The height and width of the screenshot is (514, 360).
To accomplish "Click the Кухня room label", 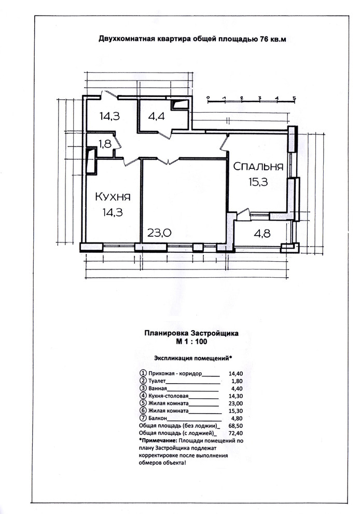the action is pyautogui.click(x=113, y=197).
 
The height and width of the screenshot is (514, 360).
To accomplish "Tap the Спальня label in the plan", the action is pyautogui.click(x=258, y=167).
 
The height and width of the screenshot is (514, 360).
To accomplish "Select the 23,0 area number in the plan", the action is pyautogui.click(x=159, y=233).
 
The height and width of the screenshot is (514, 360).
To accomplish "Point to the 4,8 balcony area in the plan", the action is pyautogui.click(x=262, y=234).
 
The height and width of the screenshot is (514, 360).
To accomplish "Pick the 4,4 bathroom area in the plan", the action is pyautogui.click(x=156, y=116).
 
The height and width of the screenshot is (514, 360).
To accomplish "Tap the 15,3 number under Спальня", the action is pyautogui.click(x=258, y=182).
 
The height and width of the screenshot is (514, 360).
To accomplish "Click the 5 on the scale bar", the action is pyautogui.click(x=294, y=98).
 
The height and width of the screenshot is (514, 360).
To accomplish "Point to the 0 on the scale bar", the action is pyautogui.click(x=208, y=98).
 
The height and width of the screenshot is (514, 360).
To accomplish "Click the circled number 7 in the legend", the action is pyautogui.click(x=143, y=418).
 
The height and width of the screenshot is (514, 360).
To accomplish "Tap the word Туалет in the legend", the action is pyautogui.click(x=157, y=381).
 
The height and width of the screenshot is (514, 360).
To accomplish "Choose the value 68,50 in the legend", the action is pyautogui.click(x=236, y=426).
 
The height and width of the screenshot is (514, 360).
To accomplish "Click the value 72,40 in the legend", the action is pyautogui.click(x=236, y=433).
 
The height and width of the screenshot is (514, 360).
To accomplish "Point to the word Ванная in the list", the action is pyautogui.click(x=158, y=388).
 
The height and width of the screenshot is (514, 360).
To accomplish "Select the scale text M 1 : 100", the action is pyautogui.click(x=191, y=342).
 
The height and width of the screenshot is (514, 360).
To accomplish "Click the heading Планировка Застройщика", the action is pyautogui.click(x=191, y=334).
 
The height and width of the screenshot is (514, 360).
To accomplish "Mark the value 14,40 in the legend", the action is pyautogui.click(x=236, y=373).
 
